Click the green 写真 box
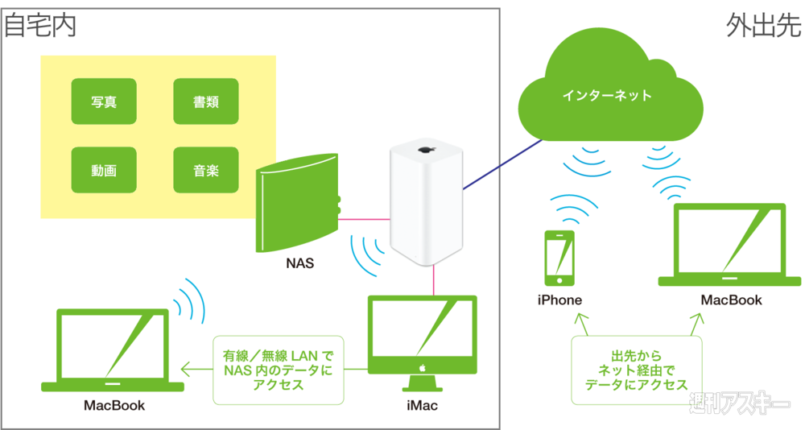tap(103, 101)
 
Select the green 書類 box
tap(206, 101)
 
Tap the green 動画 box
tap(103, 170)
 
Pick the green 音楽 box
tap(206, 170)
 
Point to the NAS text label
tap(299, 263)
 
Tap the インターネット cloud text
tap(607, 96)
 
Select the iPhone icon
tap(560, 258)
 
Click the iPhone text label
tap(559, 300)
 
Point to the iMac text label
tap(422, 405)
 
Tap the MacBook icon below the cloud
tap(731, 244)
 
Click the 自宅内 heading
tap(40, 26)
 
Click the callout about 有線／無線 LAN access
tap(278, 370)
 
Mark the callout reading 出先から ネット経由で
tap(637, 370)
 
